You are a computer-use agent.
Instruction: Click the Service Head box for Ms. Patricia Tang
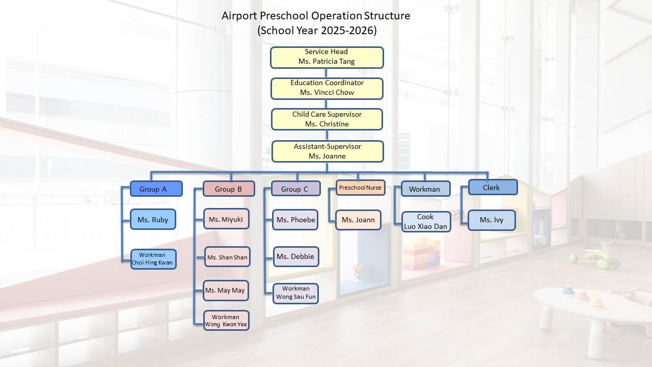(x=327, y=58)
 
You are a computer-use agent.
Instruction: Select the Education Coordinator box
(x=327, y=89)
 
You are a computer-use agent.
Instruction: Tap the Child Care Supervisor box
(x=327, y=119)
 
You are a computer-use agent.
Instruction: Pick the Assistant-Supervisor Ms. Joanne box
(x=328, y=151)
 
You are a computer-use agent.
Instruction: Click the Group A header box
(x=156, y=189)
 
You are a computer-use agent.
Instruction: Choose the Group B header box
(x=229, y=189)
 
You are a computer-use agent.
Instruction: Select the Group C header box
(x=296, y=189)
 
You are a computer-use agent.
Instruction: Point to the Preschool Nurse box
(x=360, y=188)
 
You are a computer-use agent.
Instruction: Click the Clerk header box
(x=493, y=187)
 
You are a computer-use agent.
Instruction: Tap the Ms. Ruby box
(x=153, y=219)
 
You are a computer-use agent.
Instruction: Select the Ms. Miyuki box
(x=226, y=219)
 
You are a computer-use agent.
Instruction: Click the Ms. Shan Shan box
(x=227, y=257)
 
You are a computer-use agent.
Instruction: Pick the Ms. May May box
(x=226, y=291)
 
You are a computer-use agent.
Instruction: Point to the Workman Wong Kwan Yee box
(x=226, y=321)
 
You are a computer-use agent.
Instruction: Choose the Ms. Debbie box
(x=296, y=256)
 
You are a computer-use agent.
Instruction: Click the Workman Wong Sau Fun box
(x=296, y=294)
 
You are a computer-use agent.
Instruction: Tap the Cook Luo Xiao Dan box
(x=426, y=222)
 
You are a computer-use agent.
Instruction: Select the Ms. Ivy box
(x=492, y=220)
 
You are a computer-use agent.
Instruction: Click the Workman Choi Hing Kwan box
(x=153, y=259)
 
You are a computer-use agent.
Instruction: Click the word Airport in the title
(x=239, y=16)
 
